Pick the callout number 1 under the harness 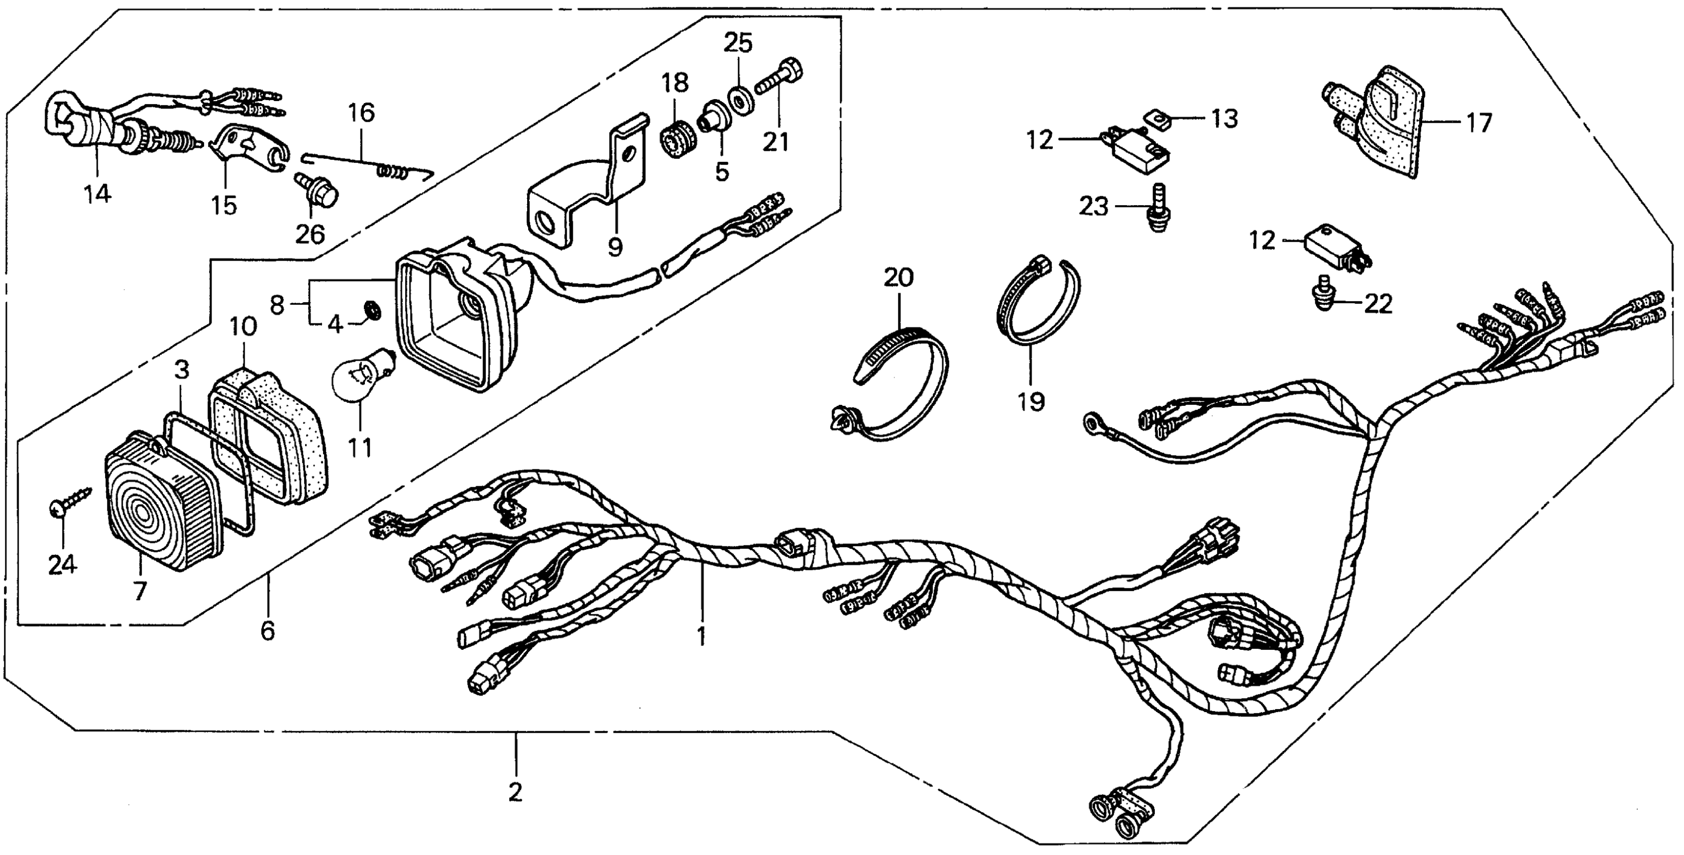tap(702, 635)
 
